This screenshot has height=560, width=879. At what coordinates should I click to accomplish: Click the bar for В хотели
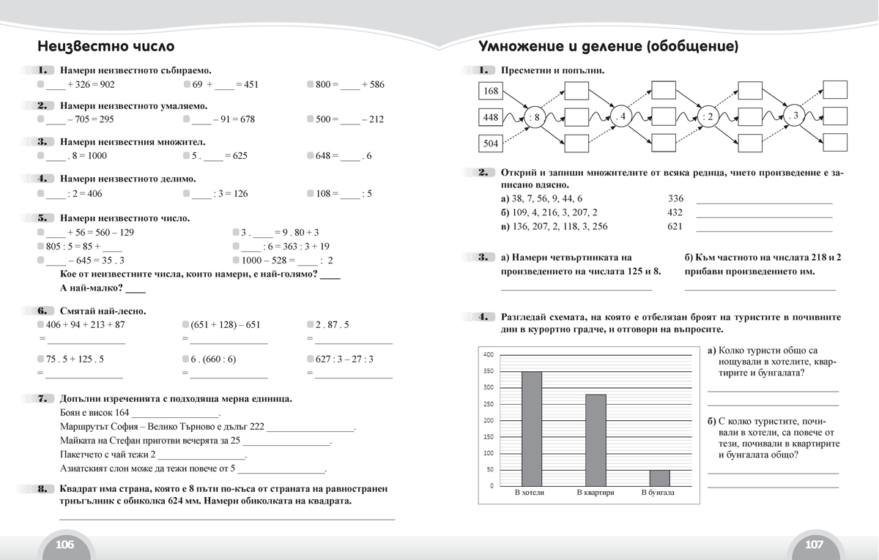coord(532,428)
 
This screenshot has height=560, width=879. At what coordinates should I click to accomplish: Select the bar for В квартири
coord(596,439)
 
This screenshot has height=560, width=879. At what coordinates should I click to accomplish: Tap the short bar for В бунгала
coord(659,477)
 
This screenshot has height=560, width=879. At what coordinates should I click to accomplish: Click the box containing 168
coord(491,92)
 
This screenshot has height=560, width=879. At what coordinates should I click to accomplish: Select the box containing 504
coord(491,143)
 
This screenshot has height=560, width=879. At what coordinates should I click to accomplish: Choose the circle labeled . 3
coord(794,117)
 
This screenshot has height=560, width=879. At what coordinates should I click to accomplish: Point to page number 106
coord(64,545)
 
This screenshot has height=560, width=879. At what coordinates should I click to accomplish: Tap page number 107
coord(814,545)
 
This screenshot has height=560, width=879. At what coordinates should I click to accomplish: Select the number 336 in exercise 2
coord(675,198)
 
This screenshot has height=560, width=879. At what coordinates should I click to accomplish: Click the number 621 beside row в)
coord(675,226)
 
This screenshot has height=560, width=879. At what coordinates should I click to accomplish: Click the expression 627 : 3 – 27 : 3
coord(344,359)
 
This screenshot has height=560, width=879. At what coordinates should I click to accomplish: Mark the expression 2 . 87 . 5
coord(333,324)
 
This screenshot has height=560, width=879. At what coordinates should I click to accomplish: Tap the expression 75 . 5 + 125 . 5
coord(75,359)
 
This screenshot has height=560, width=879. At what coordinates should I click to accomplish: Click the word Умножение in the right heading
coord(522,48)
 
